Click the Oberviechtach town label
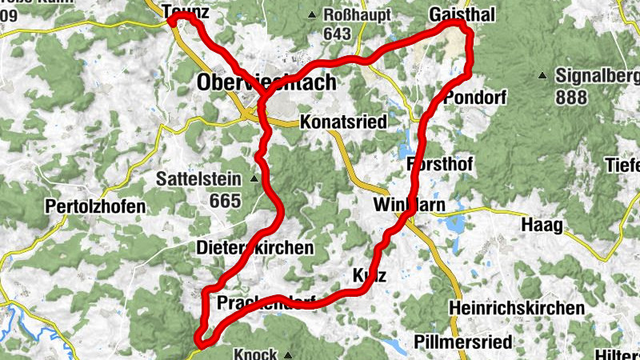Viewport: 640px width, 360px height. click(x=266, y=83)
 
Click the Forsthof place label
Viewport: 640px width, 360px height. click(x=440, y=164)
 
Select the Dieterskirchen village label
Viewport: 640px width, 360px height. click(x=254, y=248)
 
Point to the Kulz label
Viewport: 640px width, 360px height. click(x=370, y=277)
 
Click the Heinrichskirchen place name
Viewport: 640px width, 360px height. click(x=516, y=308)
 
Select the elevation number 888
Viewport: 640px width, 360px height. click(x=572, y=97)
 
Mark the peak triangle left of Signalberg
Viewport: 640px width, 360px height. click(x=542, y=77)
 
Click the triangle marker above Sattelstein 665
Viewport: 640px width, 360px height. click(x=254, y=178)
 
